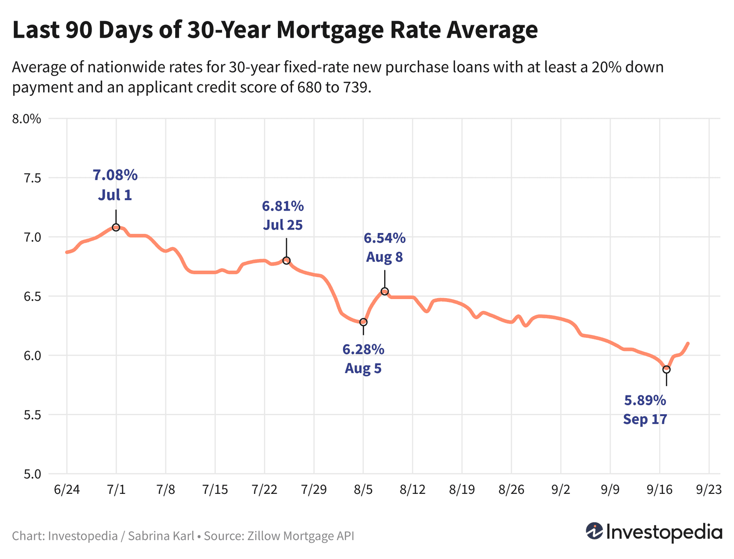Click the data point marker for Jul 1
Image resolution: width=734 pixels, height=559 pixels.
click(116, 227)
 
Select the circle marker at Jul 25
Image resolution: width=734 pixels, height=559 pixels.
click(286, 260)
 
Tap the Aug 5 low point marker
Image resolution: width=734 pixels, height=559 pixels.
click(363, 322)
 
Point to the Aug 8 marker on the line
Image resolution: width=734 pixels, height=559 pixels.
click(385, 291)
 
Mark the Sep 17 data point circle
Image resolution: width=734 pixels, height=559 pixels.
click(666, 370)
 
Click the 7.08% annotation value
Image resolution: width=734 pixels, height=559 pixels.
click(115, 175)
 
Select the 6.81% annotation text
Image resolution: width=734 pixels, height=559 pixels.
click(283, 206)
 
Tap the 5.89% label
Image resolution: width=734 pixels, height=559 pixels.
click(645, 400)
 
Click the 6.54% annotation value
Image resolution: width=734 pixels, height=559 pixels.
click(385, 238)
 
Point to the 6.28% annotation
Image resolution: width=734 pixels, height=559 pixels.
click(363, 349)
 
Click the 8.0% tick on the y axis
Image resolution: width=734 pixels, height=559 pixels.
click(27, 119)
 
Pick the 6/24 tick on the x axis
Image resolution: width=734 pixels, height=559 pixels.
click(67, 490)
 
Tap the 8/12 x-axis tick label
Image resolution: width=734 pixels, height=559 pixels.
click(413, 490)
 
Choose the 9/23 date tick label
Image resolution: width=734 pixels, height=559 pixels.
click(709, 490)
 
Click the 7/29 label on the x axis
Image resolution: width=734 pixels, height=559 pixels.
click(314, 490)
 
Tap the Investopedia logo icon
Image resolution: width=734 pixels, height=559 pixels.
click(595, 531)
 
